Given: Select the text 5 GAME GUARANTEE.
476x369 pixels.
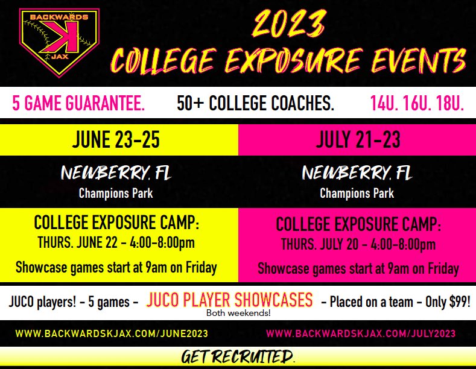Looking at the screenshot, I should click(x=78, y=104).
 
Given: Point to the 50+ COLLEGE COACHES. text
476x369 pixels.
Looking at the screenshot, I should click(x=255, y=104).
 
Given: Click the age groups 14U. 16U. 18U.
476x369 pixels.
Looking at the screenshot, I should click(x=417, y=104).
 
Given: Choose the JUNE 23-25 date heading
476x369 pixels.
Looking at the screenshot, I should click(x=116, y=140).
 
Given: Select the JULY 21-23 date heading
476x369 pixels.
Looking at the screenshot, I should click(x=357, y=140).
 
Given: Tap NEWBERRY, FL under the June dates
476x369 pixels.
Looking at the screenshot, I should click(x=116, y=174).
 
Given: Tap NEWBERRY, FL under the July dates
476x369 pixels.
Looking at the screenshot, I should click(x=357, y=174).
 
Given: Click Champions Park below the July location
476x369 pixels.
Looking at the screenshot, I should click(x=357, y=194).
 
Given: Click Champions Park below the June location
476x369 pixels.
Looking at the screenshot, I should click(x=116, y=194).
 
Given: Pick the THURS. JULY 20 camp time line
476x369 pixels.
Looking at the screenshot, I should click(x=358, y=245).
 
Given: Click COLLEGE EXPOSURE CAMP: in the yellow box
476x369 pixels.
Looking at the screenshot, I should click(x=116, y=223).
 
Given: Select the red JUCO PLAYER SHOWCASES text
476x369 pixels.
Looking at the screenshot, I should click(x=230, y=300).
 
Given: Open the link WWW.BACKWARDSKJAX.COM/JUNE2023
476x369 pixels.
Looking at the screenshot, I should click(x=112, y=333).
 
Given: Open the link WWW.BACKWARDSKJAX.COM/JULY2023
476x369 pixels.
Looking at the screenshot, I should click(x=361, y=333).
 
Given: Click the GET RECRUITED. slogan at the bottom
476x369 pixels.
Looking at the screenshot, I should click(x=238, y=358).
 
